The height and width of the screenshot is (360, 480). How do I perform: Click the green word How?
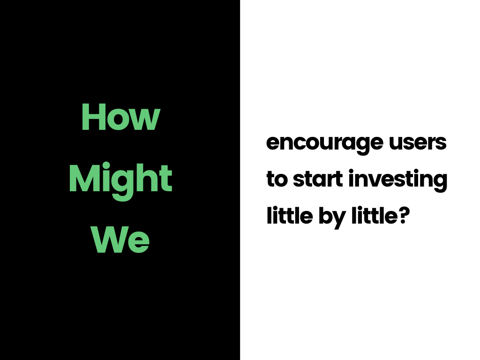(x=120, y=117)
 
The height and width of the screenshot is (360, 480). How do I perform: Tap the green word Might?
(x=120, y=180)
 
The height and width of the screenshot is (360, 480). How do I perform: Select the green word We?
(x=120, y=240)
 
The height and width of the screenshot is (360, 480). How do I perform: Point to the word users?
(x=418, y=142)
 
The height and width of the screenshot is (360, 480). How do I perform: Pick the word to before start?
(x=277, y=179)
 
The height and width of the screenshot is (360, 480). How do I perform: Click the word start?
(x=318, y=179)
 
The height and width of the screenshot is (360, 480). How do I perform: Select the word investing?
(x=398, y=180)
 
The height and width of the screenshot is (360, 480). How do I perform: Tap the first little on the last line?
(x=290, y=216)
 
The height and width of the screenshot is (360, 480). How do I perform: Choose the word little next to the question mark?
(x=375, y=216)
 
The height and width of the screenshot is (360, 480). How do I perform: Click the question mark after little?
(x=404, y=216)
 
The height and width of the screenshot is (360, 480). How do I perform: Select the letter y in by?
(x=339, y=220)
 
